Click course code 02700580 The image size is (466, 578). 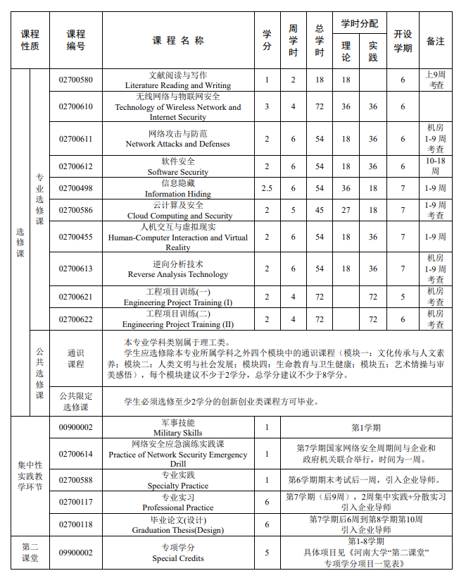(x=75, y=80)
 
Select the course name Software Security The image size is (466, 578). (x=177, y=166)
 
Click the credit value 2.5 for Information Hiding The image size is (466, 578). (x=267, y=188)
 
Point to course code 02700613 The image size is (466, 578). (x=75, y=269)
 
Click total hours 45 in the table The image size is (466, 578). (x=320, y=210)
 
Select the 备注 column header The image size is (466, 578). (x=436, y=41)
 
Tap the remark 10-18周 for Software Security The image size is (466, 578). (x=436, y=166)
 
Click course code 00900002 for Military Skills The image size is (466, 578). (x=75, y=427)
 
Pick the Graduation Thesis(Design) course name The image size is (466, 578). (x=177, y=524)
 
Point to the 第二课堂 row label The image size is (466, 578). (x=30, y=553)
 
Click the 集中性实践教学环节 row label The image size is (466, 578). (x=30, y=476)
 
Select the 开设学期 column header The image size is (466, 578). (x=403, y=41)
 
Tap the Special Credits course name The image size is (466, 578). (x=177, y=553)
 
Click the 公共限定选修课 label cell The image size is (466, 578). (x=75, y=402)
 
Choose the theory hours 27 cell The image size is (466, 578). (x=346, y=210)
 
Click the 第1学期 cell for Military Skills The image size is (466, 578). (x=366, y=427)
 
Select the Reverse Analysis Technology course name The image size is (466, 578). (x=177, y=269)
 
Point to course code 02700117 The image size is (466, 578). (x=75, y=502)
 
